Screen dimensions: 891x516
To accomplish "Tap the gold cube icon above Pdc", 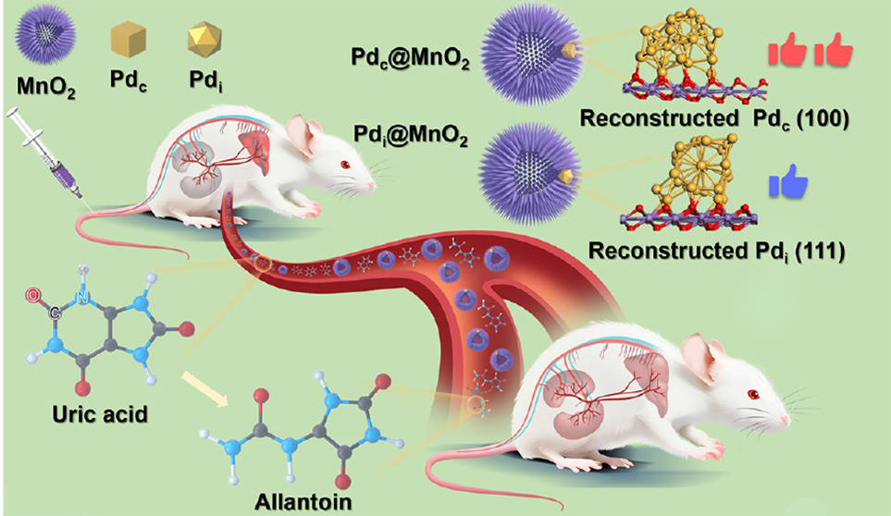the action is pyautogui.click(x=129, y=39).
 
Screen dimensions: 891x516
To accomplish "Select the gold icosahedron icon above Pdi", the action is pyautogui.click(x=204, y=39).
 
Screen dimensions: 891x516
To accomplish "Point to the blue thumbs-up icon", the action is pyautogui.click(x=788, y=181).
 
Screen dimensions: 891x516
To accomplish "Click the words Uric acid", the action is pyautogui.click(x=100, y=414).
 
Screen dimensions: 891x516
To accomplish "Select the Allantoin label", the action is pyautogui.click(x=303, y=502).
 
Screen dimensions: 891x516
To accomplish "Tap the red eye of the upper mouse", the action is pyautogui.click(x=345, y=165).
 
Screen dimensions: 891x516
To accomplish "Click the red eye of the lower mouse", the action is pyautogui.click(x=753, y=394).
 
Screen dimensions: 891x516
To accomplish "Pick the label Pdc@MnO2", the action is pyautogui.click(x=410, y=58).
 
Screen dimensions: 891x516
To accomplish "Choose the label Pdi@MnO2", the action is pyautogui.click(x=410, y=136).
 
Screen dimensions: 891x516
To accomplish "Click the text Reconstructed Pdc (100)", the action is pyautogui.click(x=714, y=118).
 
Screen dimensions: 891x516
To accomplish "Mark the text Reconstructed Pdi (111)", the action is pyautogui.click(x=716, y=251).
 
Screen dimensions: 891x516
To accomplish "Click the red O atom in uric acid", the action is pyautogui.click(x=33, y=295).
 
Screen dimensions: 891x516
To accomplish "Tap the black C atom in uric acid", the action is pyautogui.click(x=55, y=313).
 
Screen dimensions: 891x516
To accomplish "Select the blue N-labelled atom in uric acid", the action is pyautogui.click(x=83, y=296).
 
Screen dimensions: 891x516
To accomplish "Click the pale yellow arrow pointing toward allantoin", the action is pyautogui.click(x=204, y=388).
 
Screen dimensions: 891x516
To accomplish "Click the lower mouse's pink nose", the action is pyautogui.click(x=786, y=421).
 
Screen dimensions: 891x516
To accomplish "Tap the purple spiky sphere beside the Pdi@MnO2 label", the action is pyautogui.click(x=529, y=174).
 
